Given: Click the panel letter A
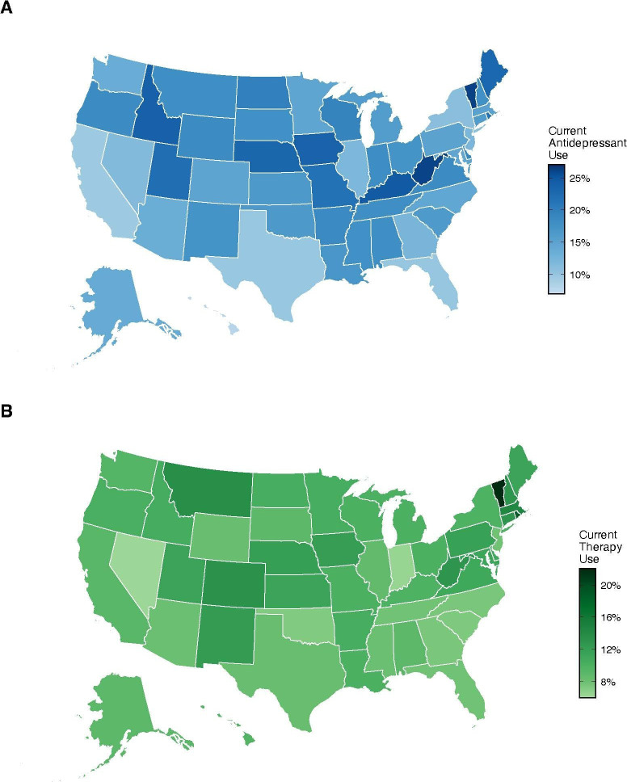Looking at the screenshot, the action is (x=6, y=7).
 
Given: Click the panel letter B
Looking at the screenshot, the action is (x=6, y=411).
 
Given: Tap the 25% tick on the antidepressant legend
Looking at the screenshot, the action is (x=579, y=178).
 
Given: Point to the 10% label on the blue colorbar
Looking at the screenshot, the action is (x=579, y=275).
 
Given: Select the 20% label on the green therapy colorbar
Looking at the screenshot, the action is (x=611, y=585).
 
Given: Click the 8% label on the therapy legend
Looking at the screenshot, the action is (x=608, y=682).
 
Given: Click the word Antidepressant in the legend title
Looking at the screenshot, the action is (x=587, y=143).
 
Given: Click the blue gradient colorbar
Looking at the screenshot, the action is (x=557, y=229).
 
